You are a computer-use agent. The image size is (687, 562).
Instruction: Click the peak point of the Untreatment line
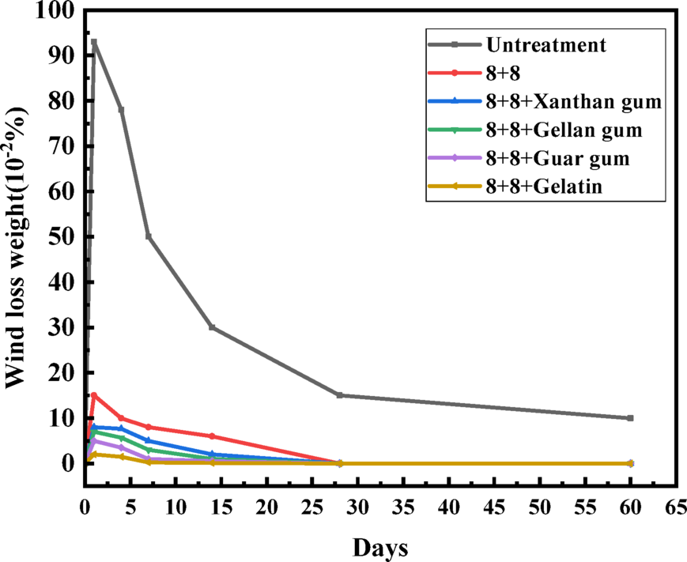94,42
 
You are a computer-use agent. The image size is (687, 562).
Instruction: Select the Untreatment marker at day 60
630,418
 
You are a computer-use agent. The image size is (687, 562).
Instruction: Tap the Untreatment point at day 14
212,327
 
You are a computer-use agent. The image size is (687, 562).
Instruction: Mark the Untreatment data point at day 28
339,395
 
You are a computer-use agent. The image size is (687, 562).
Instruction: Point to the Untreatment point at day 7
149,236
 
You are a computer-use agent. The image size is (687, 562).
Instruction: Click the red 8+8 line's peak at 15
94,395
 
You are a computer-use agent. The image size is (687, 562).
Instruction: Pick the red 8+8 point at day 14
212,436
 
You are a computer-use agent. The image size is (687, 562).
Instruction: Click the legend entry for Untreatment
546,45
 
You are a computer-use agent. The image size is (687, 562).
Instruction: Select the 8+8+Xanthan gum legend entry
573,101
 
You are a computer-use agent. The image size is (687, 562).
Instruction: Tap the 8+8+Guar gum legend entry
558,158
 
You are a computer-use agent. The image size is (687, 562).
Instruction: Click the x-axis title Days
380,547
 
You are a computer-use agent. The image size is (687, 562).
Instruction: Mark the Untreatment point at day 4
121,110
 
